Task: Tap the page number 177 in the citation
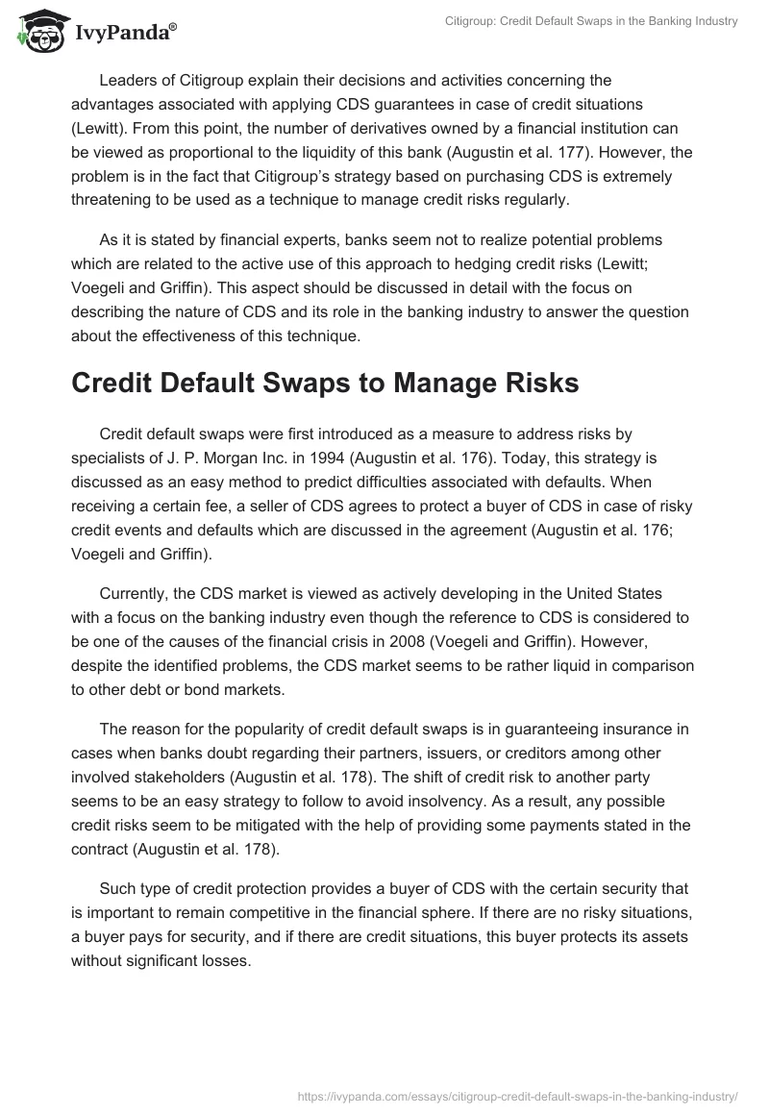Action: point(615,152)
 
